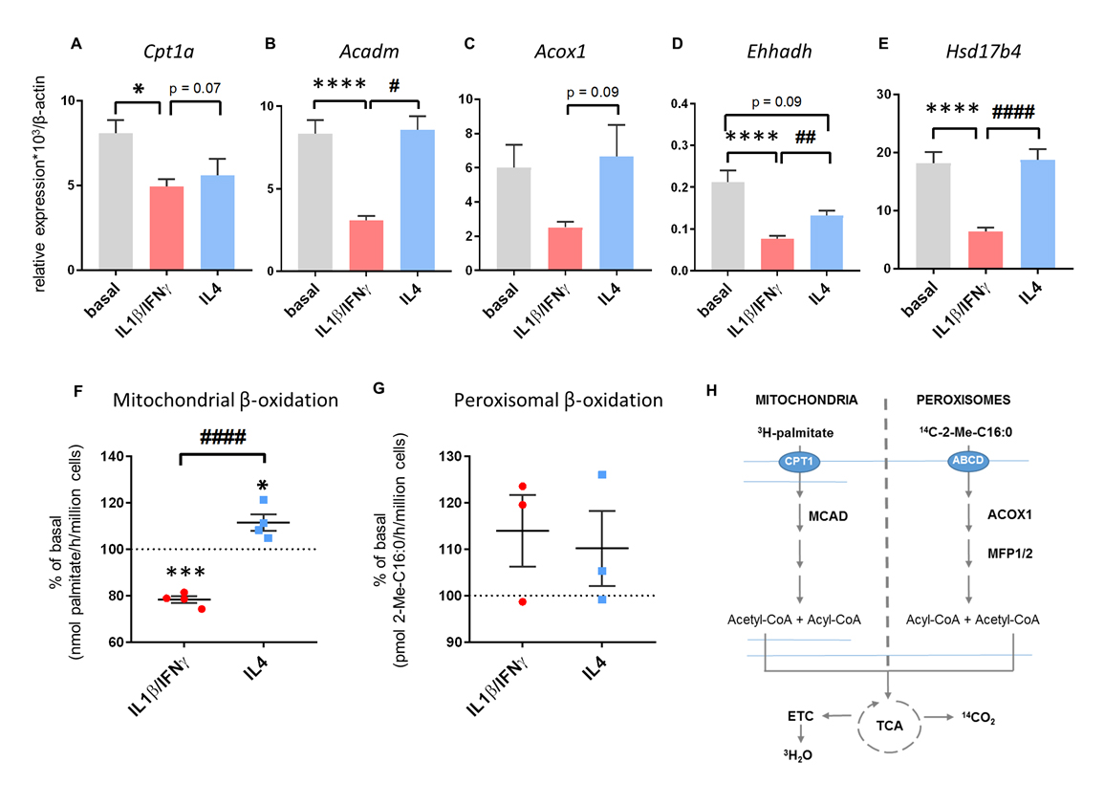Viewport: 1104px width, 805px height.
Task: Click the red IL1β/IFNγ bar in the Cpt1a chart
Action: [166, 228]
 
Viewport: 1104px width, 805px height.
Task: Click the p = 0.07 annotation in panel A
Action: [197, 89]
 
